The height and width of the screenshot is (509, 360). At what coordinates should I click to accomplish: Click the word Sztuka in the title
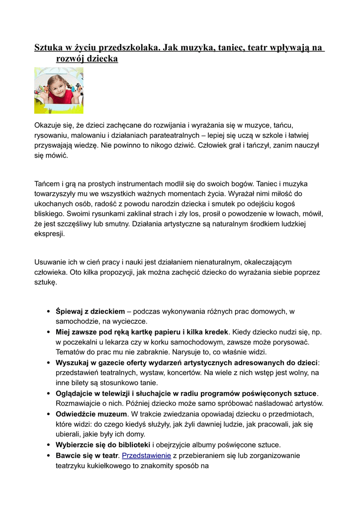click(48, 48)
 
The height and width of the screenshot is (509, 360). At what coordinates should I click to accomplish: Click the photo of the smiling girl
click(59, 90)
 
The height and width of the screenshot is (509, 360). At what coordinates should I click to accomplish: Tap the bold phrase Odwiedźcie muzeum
click(91, 414)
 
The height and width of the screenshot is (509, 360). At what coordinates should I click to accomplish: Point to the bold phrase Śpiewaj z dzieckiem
click(90, 311)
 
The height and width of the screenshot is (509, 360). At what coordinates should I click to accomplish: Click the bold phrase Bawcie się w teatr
click(87, 455)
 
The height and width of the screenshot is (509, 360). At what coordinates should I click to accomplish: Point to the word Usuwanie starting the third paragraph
click(51, 261)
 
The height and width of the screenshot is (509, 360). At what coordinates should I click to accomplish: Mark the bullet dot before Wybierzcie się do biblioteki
click(48, 445)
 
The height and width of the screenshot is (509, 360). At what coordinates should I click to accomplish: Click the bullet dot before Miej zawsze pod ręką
click(48, 332)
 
